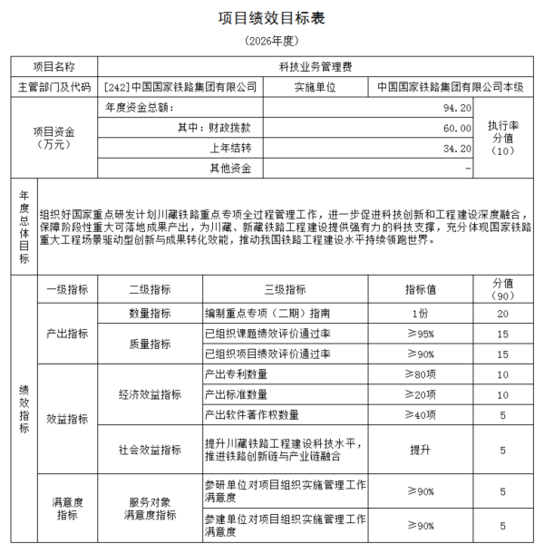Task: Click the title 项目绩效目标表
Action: (271, 18)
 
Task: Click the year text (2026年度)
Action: (271, 42)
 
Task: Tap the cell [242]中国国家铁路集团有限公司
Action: (180, 87)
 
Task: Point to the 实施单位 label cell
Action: (316, 87)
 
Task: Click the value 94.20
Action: (457, 108)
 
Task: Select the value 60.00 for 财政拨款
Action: (457, 128)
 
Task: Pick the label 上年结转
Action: (230, 148)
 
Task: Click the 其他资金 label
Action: (230, 168)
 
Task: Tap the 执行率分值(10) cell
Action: (502, 138)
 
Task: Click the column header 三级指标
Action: (285, 289)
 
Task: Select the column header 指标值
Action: (420, 289)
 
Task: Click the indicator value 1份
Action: (420, 313)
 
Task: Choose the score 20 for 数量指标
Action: (502, 313)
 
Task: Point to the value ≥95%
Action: (420, 333)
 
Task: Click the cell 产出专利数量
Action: (237, 374)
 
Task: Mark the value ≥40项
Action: (420, 414)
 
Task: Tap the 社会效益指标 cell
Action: (150, 450)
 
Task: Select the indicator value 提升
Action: (420, 450)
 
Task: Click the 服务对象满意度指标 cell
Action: (150, 509)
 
